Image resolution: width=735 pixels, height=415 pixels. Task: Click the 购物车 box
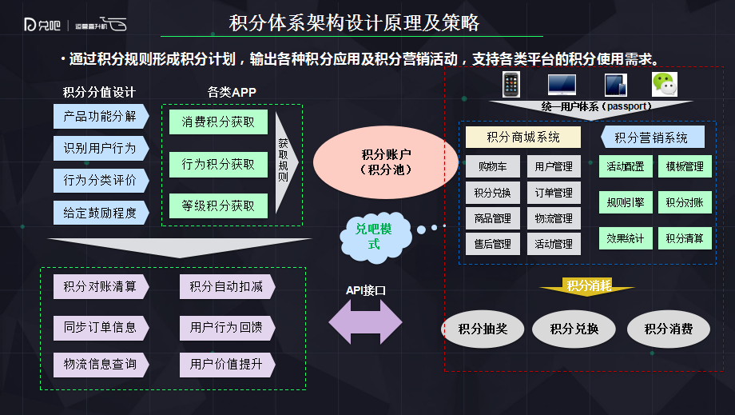[493, 166]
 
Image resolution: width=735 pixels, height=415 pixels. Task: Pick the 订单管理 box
[554, 193]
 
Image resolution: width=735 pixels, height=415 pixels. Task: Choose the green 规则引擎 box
[625, 202]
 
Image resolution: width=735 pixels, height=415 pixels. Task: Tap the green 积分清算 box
[684, 238]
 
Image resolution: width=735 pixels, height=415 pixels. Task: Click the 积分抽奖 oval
[483, 329]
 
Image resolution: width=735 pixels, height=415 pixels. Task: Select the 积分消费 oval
[668, 329]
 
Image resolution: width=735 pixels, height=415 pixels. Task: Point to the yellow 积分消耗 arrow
[587, 287]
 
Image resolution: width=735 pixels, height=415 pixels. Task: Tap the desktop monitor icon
[562, 84]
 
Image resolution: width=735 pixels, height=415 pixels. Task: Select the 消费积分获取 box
[218, 122]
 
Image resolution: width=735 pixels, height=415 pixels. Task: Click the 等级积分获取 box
[218, 206]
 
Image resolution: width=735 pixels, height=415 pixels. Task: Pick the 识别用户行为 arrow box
[101, 148]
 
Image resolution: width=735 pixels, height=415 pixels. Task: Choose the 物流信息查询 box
[101, 365]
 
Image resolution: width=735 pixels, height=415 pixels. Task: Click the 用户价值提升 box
[227, 365]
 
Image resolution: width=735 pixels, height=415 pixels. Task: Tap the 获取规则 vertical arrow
[285, 163]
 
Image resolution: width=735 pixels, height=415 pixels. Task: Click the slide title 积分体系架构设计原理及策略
[355, 22]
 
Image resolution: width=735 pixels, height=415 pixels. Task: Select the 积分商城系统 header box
[523, 137]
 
